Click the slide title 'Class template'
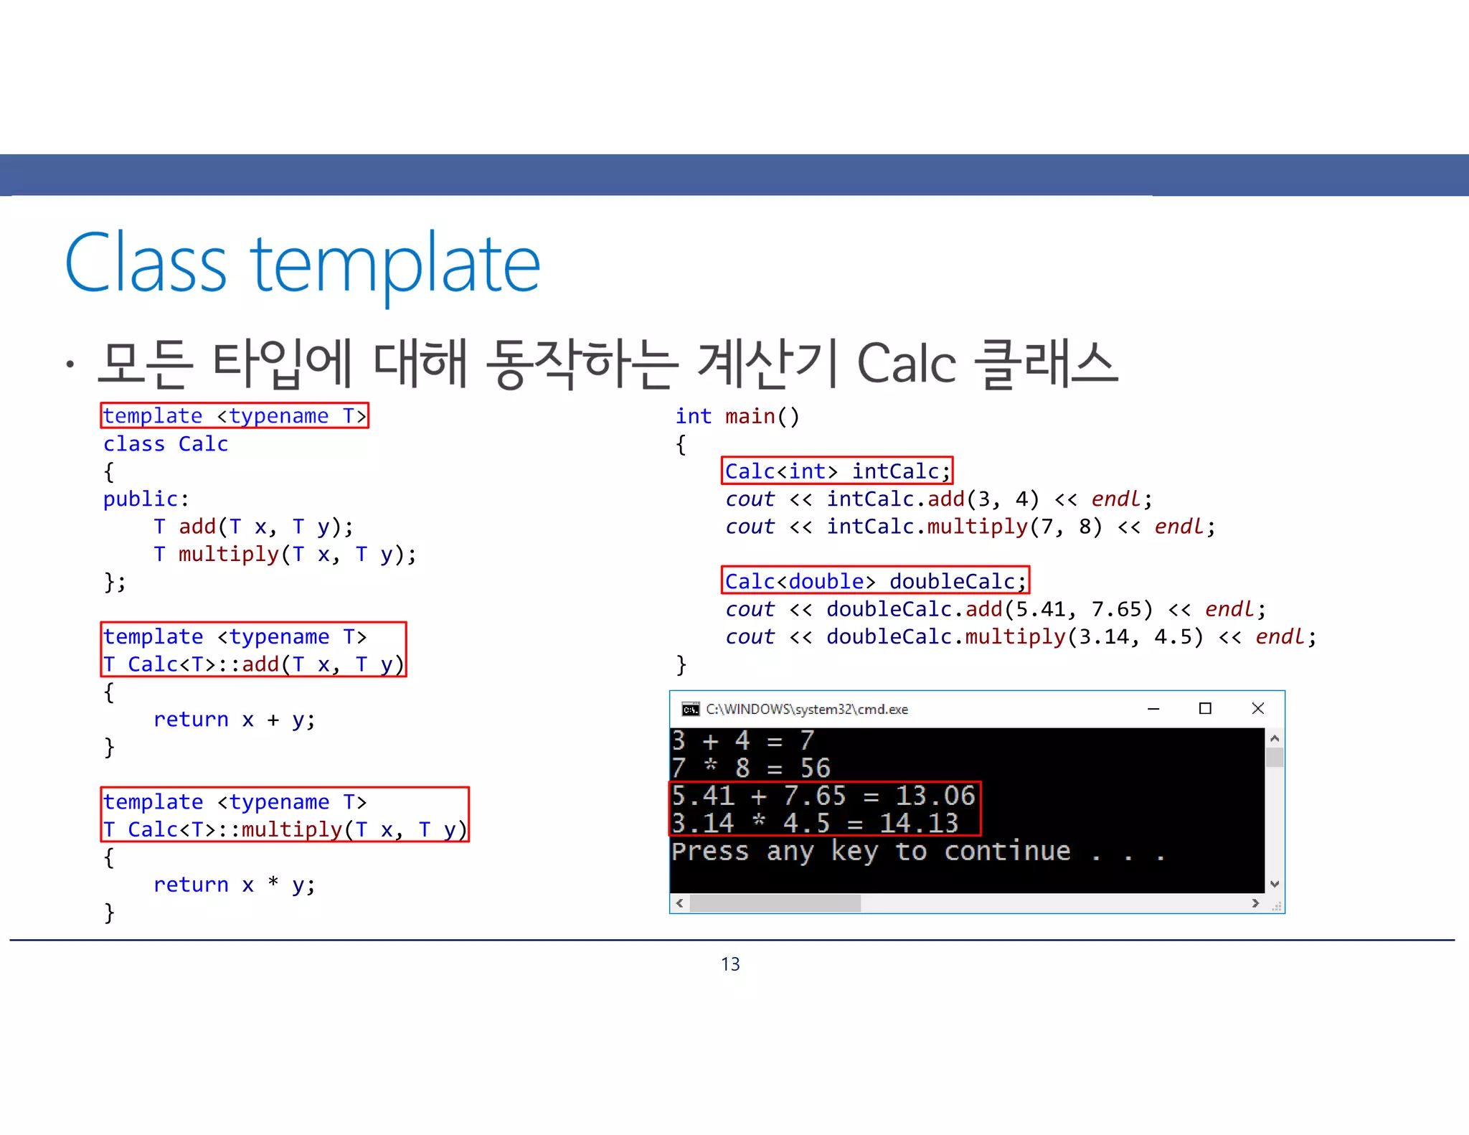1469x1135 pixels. click(x=302, y=264)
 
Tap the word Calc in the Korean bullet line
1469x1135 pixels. click(x=906, y=364)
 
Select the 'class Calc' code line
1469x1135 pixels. click(x=166, y=444)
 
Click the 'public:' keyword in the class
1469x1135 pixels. click(x=146, y=499)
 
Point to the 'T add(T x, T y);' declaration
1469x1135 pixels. click(x=253, y=527)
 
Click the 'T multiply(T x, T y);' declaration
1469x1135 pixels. click(x=285, y=554)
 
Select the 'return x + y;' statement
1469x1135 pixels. click(x=235, y=720)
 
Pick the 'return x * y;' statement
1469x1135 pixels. click(x=235, y=885)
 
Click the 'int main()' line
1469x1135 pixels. click(x=737, y=416)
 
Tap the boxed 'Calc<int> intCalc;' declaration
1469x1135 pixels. click(x=837, y=471)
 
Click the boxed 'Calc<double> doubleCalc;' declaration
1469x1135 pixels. click(x=875, y=581)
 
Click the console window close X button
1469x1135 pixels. click(x=1257, y=709)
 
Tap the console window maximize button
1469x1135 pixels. click(x=1205, y=709)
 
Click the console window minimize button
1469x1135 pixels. click(x=1153, y=709)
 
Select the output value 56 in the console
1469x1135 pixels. click(x=816, y=768)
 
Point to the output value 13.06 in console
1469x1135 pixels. click(x=935, y=796)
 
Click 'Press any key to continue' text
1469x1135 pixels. click(x=871, y=852)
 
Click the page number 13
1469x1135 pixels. click(x=730, y=964)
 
